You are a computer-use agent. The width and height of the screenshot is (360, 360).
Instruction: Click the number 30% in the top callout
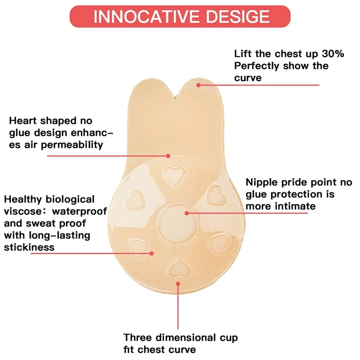(x=333, y=54)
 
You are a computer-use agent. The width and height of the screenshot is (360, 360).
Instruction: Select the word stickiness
(x=29, y=247)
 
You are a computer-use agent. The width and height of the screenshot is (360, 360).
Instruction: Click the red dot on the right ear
(x=197, y=84)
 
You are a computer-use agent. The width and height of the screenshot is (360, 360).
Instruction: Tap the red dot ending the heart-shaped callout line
(x=168, y=156)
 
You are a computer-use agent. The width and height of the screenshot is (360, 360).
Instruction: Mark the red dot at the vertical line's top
(x=179, y=284)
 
